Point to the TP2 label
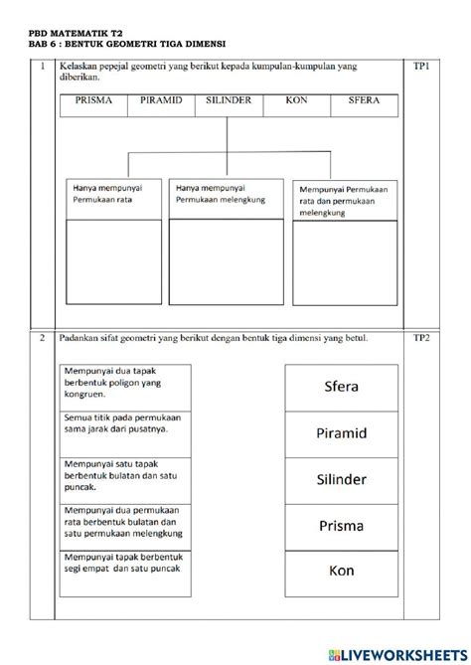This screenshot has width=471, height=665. (x=420, y=339)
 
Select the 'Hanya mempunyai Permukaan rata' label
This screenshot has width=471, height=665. (x=112, y=193)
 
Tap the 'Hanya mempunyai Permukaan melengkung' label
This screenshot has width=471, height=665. (x=226, y=193)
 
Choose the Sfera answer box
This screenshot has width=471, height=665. (x=341, y=387)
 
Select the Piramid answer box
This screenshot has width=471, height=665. (x=341, y=433)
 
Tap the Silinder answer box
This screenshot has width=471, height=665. (x=341, y=479)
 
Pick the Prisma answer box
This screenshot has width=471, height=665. (x=341, y=525)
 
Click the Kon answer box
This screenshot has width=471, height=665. (x=341, y=571)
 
